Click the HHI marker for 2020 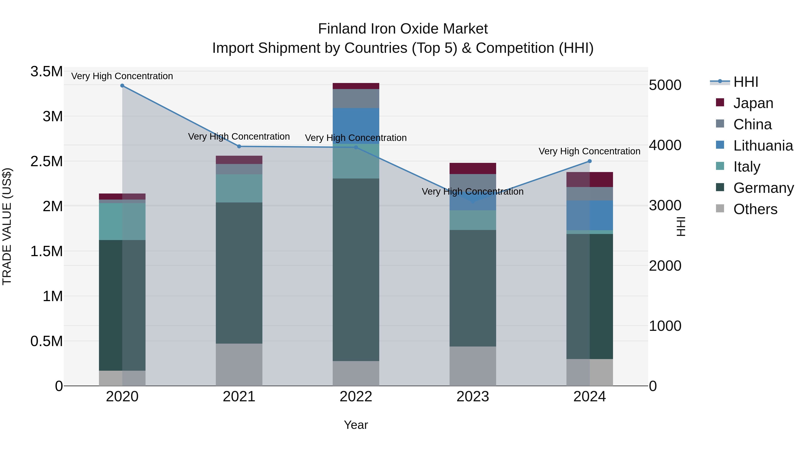point(122,86)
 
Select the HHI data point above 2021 point(239,146)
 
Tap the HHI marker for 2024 point(589,161)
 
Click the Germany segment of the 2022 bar point(356,270)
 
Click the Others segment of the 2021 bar point(239,365)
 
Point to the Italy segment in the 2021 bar point(239,188)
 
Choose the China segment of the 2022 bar point(356,98)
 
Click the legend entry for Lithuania point(763,146)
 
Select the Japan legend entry point(753,103)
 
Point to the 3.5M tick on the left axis point(46,72)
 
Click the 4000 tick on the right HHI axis point(665,145)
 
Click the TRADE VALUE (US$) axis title point(7,226)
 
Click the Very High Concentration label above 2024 point(589,151)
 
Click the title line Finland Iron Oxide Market point(403,29)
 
